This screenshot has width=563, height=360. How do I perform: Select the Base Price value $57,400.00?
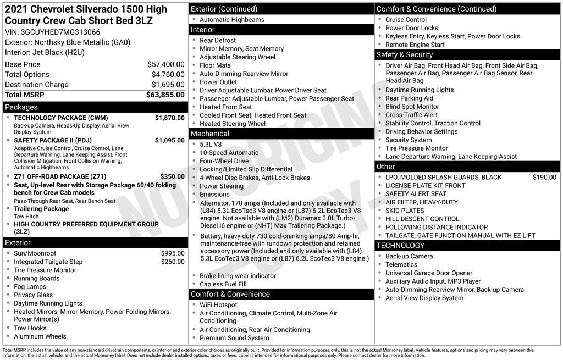(165, 64)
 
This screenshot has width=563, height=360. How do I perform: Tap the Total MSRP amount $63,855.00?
(165, 95)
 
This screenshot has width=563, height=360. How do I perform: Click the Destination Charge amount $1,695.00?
(168, 85)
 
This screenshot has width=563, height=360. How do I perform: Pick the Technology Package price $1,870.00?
(169, 118)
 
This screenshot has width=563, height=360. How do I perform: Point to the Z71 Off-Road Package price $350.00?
(172, 176)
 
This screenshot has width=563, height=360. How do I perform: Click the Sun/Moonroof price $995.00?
(173, 253)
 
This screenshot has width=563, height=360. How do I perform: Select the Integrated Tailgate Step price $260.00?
(173, 262)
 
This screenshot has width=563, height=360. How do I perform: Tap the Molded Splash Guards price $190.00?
(544, 177)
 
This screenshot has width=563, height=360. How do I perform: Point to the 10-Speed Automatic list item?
(229, 153)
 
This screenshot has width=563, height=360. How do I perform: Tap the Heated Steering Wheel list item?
(233, 124)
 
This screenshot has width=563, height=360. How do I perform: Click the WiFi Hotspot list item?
(218, 305)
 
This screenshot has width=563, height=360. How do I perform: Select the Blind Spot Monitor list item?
(412, 107)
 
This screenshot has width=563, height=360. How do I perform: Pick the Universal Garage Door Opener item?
(429, 273)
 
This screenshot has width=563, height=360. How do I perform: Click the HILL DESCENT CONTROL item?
(422, 219)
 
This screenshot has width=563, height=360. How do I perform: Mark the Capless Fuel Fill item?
(223, 284)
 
